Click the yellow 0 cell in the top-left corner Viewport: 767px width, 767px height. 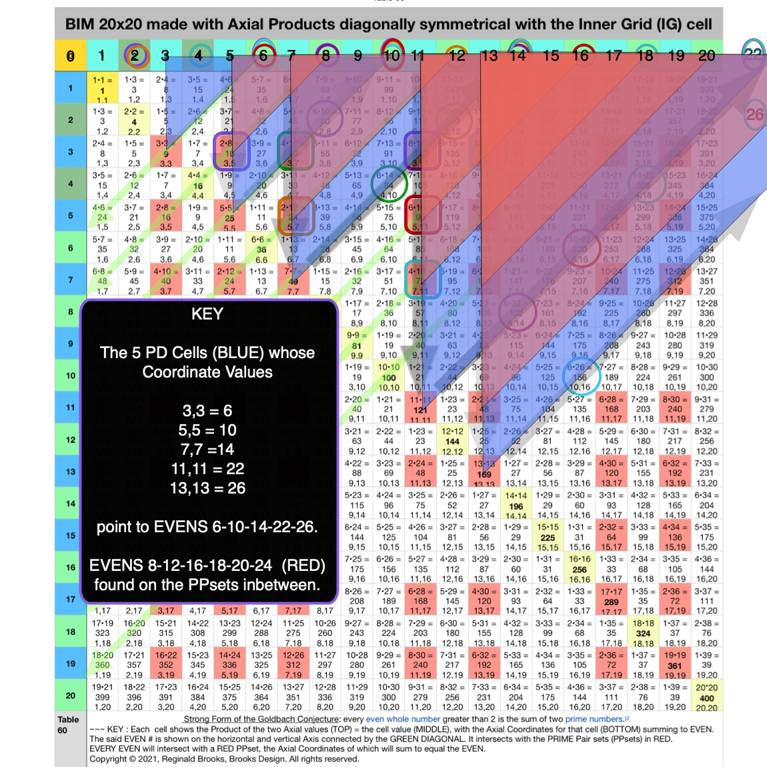(x=70, y=56)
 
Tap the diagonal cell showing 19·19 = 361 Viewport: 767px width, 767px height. (x=675, y=665)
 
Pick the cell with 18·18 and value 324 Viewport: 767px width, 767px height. (x=644, y=633)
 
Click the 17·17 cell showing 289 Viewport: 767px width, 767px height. (x=612, y=601)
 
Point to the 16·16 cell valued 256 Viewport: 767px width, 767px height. (x=580, y=569)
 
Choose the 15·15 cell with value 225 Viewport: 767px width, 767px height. (x=548, y=537)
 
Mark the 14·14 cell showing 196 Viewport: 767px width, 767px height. (x=516, y=505)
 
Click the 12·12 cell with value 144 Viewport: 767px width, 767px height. (x=452, y=441)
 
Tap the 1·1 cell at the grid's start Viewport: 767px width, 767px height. (x=102, y=89)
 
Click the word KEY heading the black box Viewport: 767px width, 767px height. (x=207, y=314)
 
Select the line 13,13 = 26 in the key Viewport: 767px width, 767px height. (x=207, y=488)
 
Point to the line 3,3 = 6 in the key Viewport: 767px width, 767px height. (x=207, y=411)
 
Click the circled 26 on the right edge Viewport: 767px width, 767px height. (x=754, y=114)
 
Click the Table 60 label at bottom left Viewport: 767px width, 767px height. (x=68, y=724)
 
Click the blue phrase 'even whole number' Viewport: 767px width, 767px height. (x=403, y=719)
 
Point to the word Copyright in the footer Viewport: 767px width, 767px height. (x=108, y=759)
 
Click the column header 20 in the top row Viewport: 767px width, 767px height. (x=707, y=56)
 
